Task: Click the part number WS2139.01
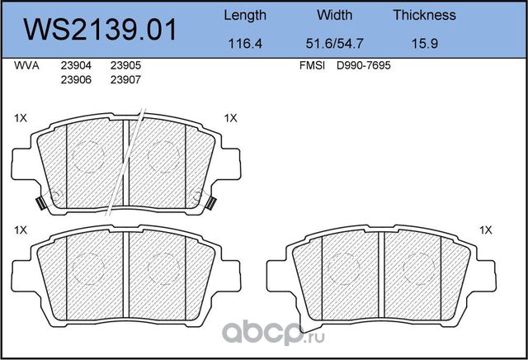100,30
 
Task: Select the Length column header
245,16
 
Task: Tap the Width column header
334,15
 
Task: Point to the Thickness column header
424,15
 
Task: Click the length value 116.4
245,44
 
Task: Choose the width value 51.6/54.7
334,44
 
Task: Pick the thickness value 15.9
425,44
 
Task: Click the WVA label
26,65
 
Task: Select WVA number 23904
76,65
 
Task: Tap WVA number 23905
125,65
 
